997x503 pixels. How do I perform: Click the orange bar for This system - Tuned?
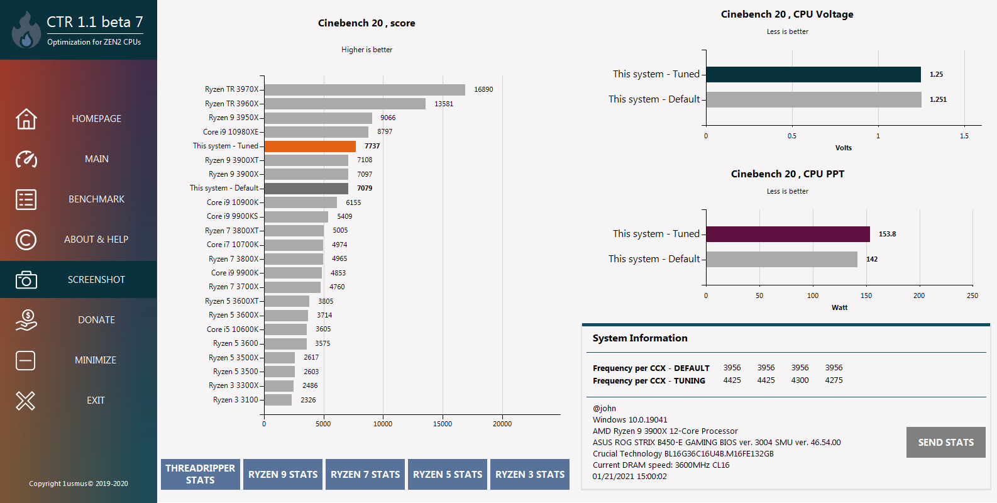(x=310, y=146)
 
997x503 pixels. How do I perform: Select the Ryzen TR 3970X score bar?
(x=365, y=90)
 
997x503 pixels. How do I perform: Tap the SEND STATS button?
(x=945, y=443)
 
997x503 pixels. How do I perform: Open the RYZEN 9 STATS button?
(x=283, y=475)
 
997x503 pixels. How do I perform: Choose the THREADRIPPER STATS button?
(x=201, y=474)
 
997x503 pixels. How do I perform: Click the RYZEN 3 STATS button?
(x=530, y=475)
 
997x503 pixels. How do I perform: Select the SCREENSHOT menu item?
(x=96, y=280)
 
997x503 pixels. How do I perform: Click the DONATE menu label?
(x=96, y=320)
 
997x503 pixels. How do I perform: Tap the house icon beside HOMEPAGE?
(x=26, y=119)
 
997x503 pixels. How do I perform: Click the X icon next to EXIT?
(x=26, y=401)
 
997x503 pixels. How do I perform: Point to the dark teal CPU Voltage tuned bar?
(x=813, y=74)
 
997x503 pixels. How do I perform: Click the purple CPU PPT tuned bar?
(x=788, y=234)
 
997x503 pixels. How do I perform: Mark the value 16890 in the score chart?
(x=483, y=90)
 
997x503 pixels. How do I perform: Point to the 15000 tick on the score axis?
(x=443, y=424)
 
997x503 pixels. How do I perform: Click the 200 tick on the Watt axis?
(x=919, y=296)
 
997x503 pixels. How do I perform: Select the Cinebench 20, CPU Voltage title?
(x=787, y=14)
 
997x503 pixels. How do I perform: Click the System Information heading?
(x=640, y=338)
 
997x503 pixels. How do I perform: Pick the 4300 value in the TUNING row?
(x=800, y=380)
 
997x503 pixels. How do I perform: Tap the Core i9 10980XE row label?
(x=231, y=132)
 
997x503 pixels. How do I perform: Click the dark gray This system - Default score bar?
(x=306, y=188)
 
